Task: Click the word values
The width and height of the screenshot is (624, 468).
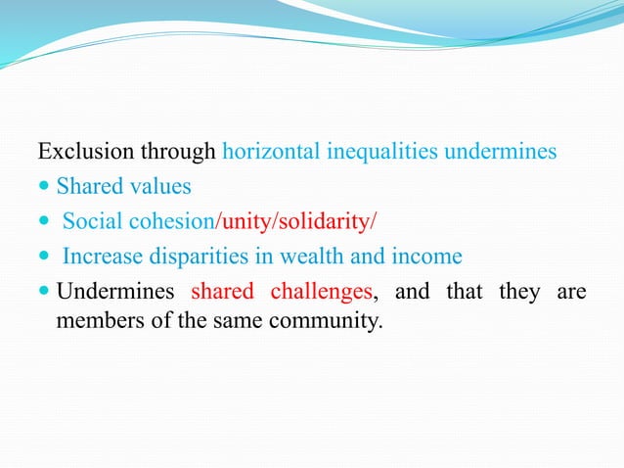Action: [x=162, y=187]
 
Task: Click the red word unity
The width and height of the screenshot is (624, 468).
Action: [x=240, y=222]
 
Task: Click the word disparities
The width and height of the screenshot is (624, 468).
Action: [x=189, y=257]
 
